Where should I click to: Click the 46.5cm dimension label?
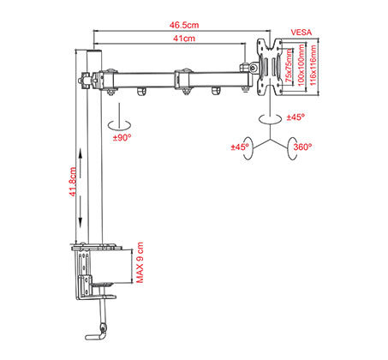coord(184,25)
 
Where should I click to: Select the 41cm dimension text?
coord(184,39)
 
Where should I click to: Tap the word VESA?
coord(301,33)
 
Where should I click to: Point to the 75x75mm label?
coord(290,66)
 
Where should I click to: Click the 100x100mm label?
coord(301,65)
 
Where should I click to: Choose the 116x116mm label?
coord(313,65)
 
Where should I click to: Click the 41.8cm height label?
coord(73,182)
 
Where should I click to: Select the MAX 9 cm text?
coord(140,262)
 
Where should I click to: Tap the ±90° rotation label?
coord(122,138)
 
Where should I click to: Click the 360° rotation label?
coord(302,147)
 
